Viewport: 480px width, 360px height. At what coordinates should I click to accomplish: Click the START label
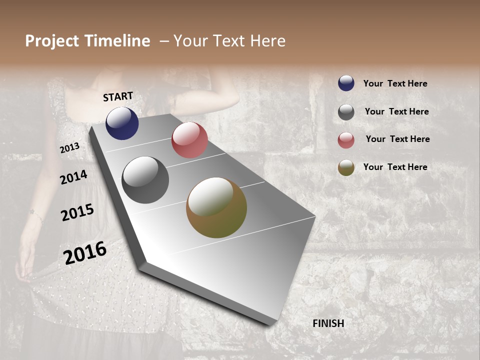coord(118,96)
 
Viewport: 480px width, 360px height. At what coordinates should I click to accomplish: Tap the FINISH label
coord(328,323)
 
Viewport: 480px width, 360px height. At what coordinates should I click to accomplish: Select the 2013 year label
coord(69,148)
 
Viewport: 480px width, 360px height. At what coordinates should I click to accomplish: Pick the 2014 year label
coord(73,177)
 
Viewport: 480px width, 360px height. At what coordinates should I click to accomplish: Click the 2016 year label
coord(85,253)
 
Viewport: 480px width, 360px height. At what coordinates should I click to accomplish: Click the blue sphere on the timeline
coord(122,123)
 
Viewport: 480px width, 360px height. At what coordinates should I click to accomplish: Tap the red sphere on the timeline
coord(189,140)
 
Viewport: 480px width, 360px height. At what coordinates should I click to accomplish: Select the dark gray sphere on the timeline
coord(145,180)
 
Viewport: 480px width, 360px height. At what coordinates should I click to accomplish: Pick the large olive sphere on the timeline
coord(216,207)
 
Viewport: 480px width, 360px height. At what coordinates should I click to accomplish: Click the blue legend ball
coord(346,83)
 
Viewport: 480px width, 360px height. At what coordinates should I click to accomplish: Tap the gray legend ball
coord(346,112)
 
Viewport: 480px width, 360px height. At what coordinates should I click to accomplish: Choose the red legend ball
coord(346,140)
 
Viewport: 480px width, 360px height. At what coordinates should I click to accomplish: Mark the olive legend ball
coord(346,167)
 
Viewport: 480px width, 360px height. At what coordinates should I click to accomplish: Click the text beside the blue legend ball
coord(395,84)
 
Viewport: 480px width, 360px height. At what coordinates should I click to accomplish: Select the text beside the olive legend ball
coord(395,167)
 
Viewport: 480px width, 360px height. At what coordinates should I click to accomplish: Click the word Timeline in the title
coord(118,41)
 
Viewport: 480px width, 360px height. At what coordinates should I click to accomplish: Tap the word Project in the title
coord(51,41)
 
